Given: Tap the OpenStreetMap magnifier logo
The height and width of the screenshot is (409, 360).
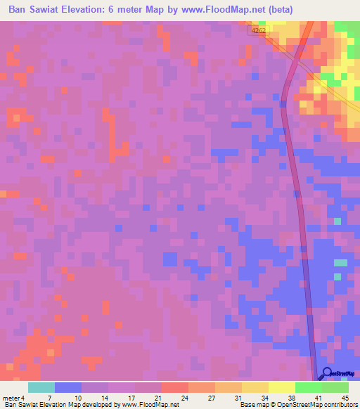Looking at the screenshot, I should coord(326,374).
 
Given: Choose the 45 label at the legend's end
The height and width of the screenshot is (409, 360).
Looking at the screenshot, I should coord(345,398).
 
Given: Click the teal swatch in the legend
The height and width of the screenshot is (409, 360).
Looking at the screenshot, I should coord(41,387).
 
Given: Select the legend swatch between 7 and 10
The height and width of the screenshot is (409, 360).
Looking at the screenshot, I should coord(68,387).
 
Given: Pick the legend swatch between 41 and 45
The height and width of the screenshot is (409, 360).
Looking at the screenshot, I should coord(335,387).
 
